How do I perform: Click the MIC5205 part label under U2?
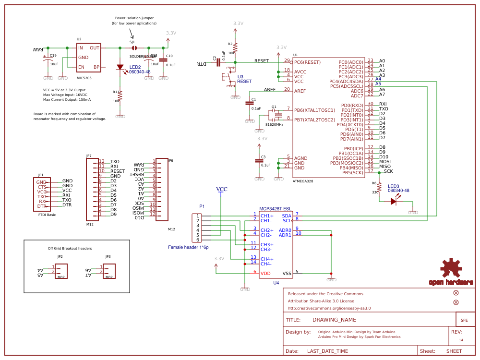point(84,77)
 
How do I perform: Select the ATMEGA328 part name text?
point(303,181)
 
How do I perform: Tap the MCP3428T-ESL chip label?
point(275,209)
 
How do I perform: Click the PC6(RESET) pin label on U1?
point(307,62)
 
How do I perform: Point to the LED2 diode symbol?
point(120,68)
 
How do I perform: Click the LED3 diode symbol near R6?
point(394,202)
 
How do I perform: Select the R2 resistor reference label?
point(230,44)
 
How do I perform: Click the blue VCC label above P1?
point(222,189)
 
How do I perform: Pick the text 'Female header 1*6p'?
point(188,247)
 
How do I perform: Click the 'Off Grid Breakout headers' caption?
point(70,248)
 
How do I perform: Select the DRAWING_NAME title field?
point(334,320)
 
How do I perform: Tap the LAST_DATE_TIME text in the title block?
point(327,351)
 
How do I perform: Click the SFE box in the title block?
point(464,320)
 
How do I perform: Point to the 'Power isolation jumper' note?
point(134,18)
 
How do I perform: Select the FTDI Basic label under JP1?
point(47,215)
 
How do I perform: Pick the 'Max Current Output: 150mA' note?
point(67,99)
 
